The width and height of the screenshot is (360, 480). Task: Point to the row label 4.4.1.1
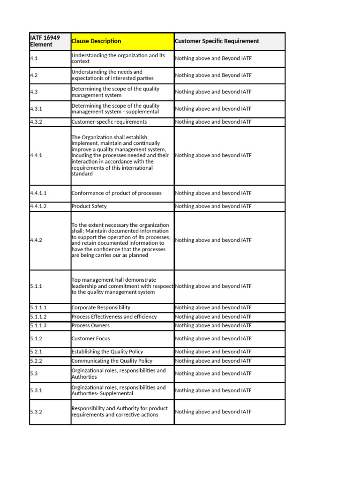(x=38, y=193)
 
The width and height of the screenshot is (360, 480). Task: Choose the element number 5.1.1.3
(x=38, y=326)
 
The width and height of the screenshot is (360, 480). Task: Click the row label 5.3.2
(x=37, y=412)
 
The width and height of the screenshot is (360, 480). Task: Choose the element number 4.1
(x=34, y=59)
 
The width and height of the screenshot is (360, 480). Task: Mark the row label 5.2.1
(x=37, y=352)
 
